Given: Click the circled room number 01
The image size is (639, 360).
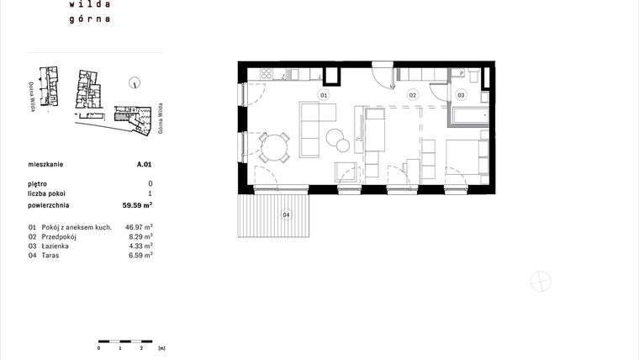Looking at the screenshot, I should (x=322, y=95).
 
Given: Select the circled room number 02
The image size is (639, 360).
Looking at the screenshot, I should (x=413, y=95).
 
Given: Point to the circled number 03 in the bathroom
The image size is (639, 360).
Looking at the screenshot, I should (x=461, y=96).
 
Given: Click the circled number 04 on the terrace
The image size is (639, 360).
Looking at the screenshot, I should (x=286, y=215).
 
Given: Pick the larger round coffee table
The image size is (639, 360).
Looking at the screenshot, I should (x=335, y=138).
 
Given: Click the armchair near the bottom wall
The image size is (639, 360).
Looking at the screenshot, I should (x=345, y=172).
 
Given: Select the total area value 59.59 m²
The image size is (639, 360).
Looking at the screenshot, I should (x=137, y=204).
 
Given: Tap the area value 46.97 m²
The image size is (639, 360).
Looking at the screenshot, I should (x=139, y=227).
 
